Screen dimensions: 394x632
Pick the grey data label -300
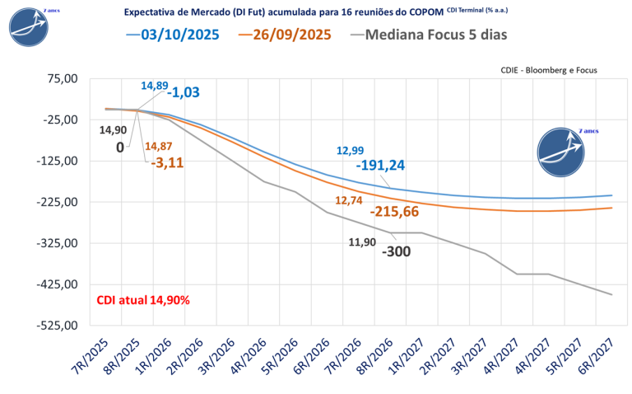397,251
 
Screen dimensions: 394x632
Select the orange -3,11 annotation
167,162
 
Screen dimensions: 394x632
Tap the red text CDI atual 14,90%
143,300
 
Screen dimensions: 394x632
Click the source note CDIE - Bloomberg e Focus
548,71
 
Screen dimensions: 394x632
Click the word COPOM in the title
423,12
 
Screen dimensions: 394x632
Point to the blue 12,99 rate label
350,150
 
